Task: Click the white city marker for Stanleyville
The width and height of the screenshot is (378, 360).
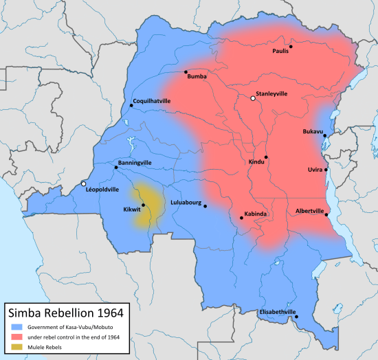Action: point(253,99)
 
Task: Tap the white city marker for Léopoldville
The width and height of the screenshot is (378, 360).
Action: point(84,184)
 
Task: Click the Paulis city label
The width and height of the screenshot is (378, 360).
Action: point(280,52)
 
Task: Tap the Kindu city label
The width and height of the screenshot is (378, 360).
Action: point(256,162)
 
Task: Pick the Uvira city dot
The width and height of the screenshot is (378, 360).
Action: point(326,169)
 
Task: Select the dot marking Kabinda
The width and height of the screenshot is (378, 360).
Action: point(241,218)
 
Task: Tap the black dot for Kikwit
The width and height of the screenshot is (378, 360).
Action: point(143,205)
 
